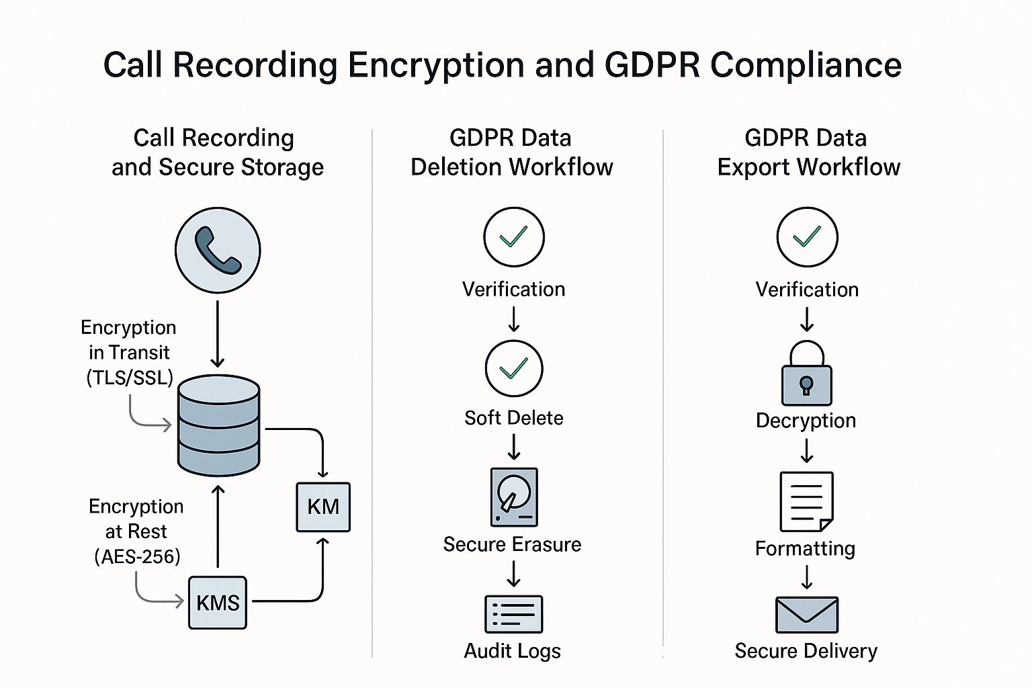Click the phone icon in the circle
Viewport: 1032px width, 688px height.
click(218, 250)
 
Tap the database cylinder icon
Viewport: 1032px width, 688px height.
click(218, 425)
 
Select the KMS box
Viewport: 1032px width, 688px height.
click(218, 603)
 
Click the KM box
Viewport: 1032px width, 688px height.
click(323, 507)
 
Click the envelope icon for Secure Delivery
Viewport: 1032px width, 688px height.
click(806, 614)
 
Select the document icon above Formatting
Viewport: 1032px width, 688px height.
click(806, 501)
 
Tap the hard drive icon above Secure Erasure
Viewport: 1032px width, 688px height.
click(514, 497)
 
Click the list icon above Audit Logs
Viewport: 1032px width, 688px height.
click(514, 614)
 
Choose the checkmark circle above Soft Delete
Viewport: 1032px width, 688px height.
click(514, 369)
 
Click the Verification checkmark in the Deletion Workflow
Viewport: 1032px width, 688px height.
click(514, 237)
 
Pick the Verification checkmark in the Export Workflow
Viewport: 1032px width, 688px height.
click(807, 237)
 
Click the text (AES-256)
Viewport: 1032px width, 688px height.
click(137, 557)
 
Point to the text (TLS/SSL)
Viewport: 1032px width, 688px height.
click(130, 378)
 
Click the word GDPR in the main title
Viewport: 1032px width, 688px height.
click(652, 65)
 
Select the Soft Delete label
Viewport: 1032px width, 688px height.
click(514, 418)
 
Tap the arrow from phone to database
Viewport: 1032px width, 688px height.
click(218, 334)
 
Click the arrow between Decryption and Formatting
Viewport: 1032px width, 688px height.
click(807, 450)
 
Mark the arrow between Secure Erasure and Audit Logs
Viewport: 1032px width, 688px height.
click(514, 574)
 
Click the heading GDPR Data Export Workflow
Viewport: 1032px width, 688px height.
click(808, 153)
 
